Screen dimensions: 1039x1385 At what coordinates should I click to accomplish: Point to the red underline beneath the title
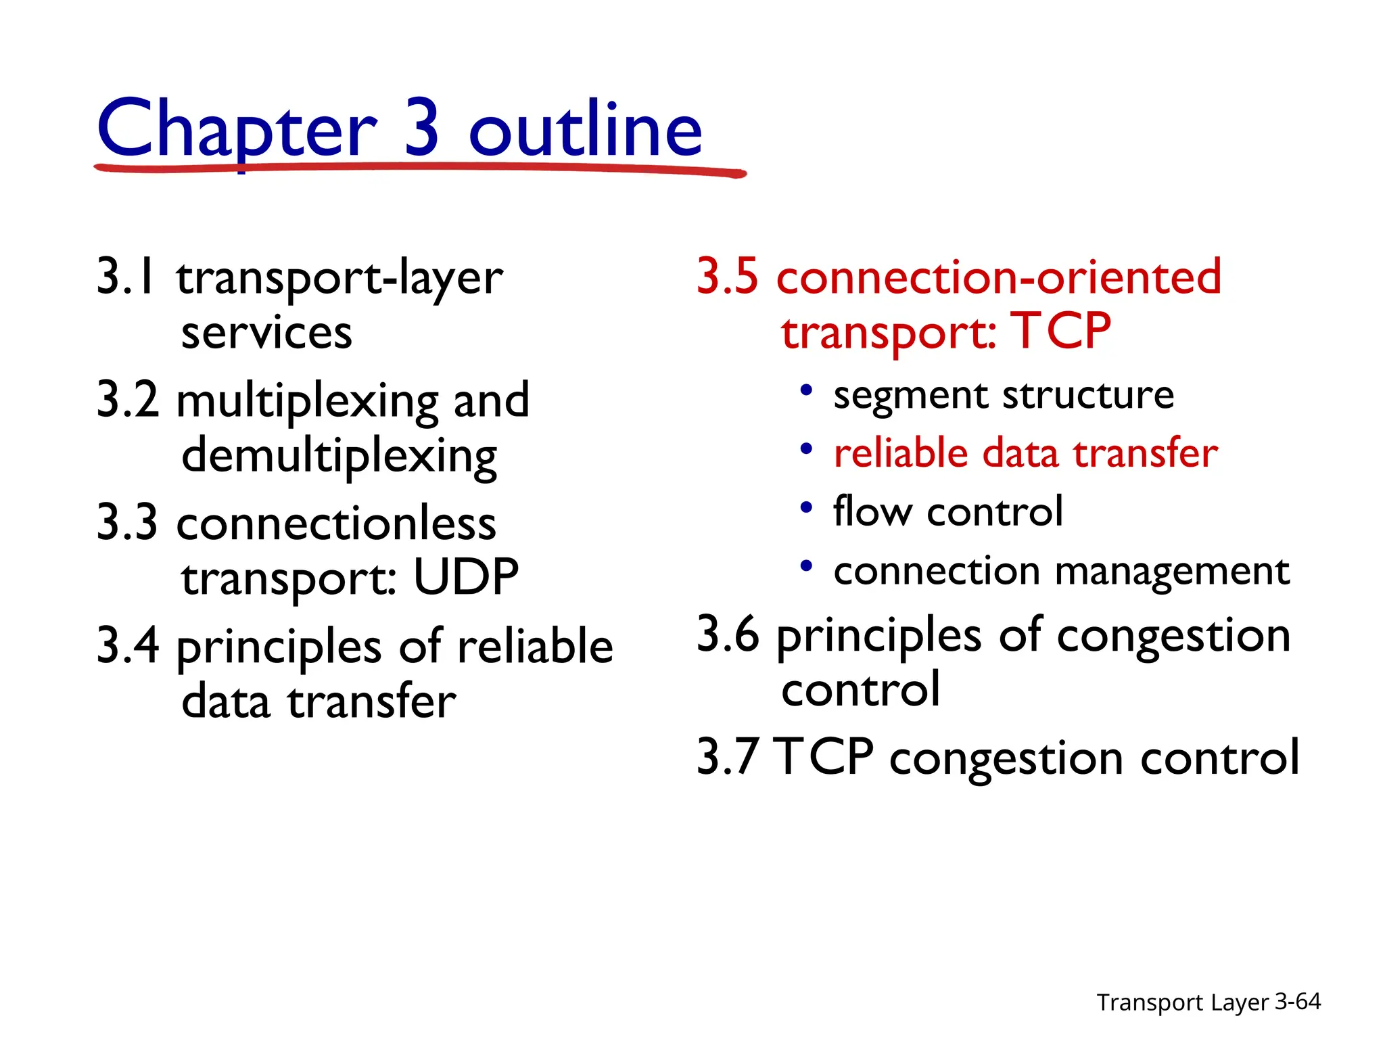tap(419, 168)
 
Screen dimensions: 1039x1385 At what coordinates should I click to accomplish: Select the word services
tap(266, 333)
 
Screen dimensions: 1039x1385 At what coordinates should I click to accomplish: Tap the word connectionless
tap(336, 524)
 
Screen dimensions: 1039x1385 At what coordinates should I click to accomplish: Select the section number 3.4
tap(128, 645)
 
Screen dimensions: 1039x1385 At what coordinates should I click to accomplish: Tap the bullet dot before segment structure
tap(805, 391)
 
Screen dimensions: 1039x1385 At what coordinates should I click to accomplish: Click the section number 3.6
tap(728, 634)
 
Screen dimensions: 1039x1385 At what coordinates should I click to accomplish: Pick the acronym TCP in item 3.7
tap(823, 757)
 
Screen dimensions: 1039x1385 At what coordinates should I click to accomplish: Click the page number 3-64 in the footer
tap(1297, 1001)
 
